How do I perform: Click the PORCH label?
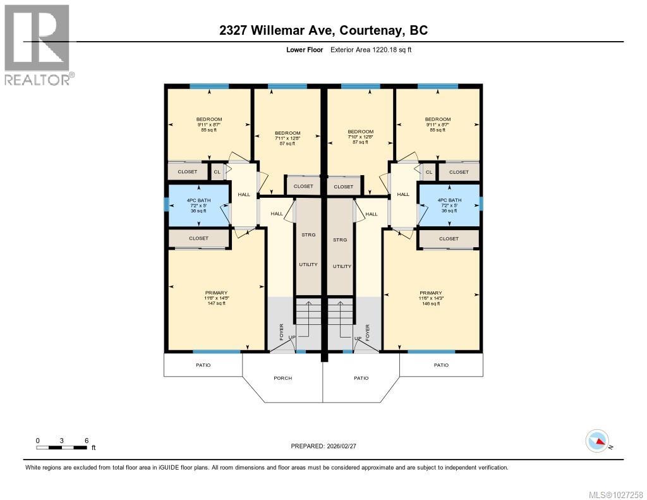pos(282,378)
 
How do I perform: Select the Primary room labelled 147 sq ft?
pos(216,298)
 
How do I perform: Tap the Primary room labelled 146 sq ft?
pos(431,298)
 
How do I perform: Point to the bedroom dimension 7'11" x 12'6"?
pos(287,138)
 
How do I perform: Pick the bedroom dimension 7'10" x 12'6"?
pos(360,137)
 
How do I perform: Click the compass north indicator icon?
pos(597,440)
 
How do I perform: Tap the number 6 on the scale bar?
pos(86,440)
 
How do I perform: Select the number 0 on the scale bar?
pos(38,440)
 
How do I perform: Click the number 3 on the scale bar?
pos(62,440)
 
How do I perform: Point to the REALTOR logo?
pos(37,45)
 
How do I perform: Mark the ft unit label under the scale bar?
pos(94,448)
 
